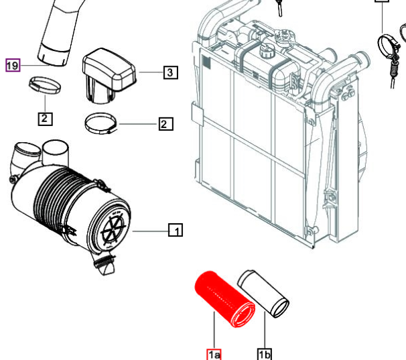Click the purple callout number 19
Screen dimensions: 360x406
tap(13, 66)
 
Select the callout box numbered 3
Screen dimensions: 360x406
tap(170, 72)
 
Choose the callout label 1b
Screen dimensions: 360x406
tap(264, 354)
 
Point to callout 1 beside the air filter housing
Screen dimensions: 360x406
tap(175, 231)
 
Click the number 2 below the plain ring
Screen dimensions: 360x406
tap(44, 119)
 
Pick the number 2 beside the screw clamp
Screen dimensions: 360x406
tap(165, 123)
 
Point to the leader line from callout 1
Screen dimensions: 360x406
tap(151, 231)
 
